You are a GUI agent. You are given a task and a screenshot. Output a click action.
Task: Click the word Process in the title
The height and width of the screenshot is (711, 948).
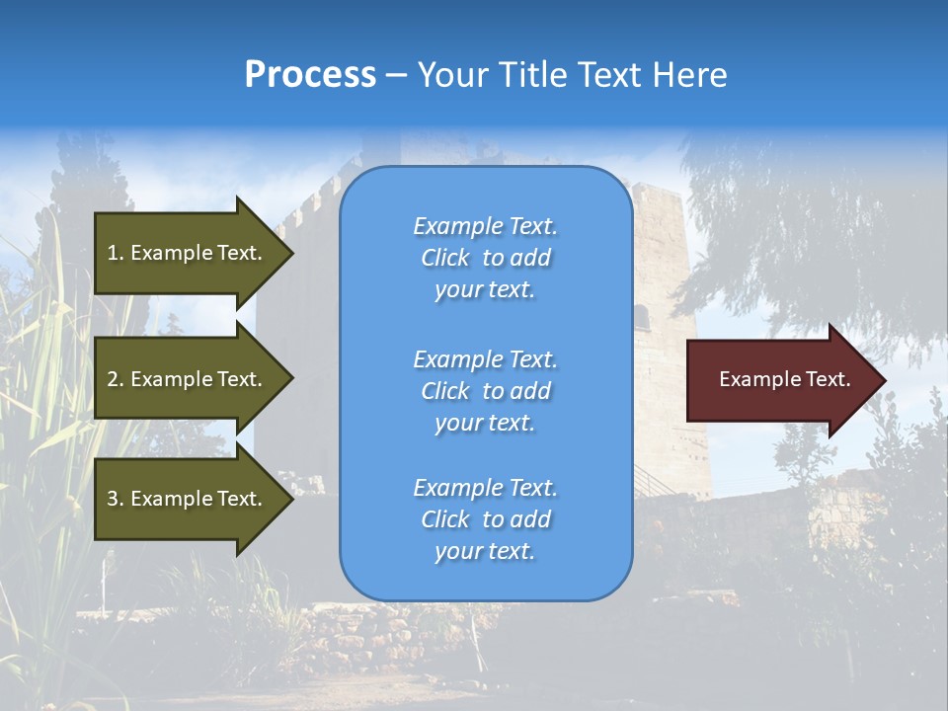[x=310, y=75]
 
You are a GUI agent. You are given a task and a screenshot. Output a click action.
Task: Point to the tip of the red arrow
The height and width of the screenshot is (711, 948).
[x=884, y=380]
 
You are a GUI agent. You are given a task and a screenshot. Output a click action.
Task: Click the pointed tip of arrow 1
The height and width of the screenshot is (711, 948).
[x=291, y=253]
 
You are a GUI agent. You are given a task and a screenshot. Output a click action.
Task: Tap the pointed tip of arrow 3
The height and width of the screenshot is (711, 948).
[x=291, y=499]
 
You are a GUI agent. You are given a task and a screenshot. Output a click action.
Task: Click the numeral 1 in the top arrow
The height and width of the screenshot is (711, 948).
[x=113, y=253]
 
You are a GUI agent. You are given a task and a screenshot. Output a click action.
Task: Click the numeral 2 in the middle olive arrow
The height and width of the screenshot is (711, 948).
[x=113, y=379]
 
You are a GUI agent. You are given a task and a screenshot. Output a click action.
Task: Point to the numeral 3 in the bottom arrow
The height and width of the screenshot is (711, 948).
[x=113, y=499]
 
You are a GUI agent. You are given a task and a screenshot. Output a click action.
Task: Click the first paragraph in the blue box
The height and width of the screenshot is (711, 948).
[x=485, y=258]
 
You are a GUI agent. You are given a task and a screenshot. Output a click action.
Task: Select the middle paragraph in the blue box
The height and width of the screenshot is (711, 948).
[x=485, y=391]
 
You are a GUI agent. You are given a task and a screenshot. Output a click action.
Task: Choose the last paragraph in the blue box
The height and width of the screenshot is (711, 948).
[x=485, y=519]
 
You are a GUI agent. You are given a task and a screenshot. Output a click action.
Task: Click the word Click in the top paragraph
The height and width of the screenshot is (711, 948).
[x=444, y=258]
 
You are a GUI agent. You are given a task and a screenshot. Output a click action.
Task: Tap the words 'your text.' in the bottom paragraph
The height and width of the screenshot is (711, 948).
[x=485, y=551]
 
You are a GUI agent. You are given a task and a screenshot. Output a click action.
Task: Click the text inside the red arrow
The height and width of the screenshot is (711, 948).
[x=784, y=379]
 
